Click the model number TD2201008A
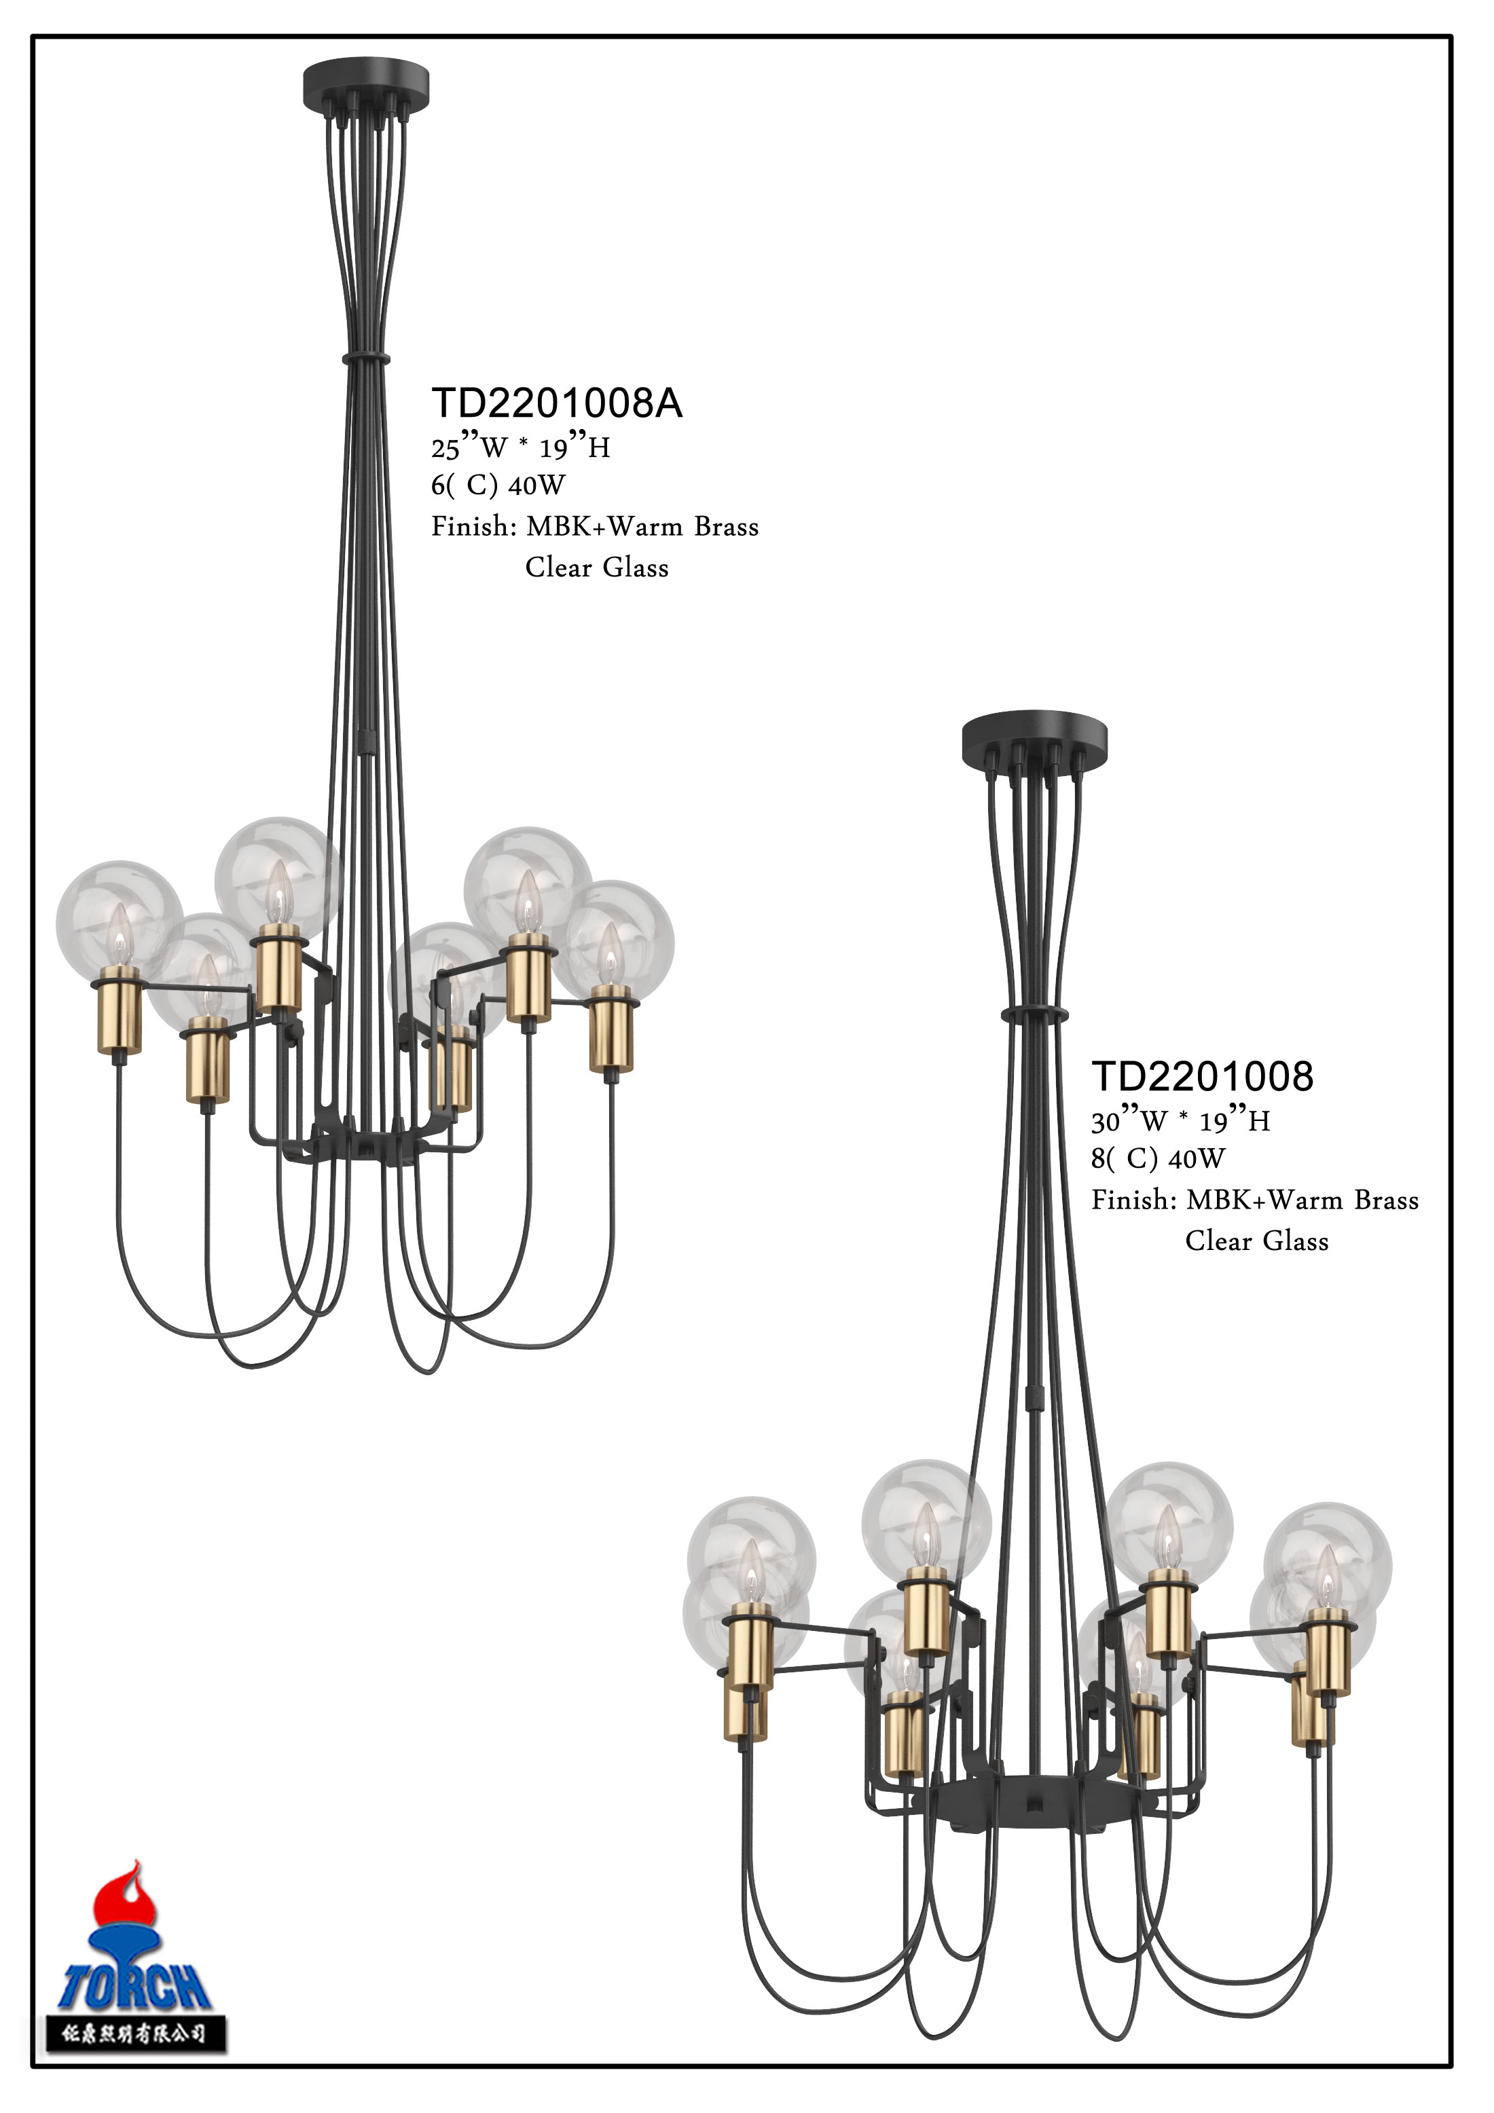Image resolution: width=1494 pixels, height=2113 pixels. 556,403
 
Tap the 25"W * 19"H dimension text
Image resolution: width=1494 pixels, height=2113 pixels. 520,448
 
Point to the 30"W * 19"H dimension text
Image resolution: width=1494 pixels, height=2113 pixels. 1180,1122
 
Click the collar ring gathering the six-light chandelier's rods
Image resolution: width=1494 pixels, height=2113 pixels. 365,357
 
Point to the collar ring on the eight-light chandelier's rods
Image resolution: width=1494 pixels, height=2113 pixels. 1035,1015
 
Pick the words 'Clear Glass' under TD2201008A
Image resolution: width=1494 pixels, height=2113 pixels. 596,568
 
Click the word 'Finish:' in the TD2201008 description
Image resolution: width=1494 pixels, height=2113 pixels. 1134,1200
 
